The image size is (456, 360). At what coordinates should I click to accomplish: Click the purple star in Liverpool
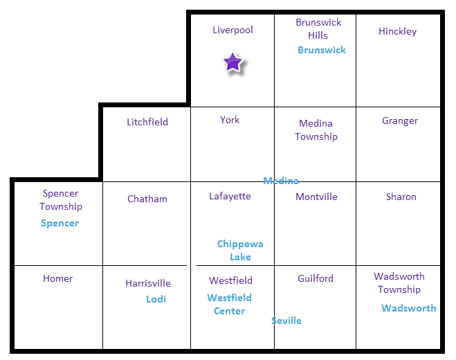pyautogui.click(x=233, y=63)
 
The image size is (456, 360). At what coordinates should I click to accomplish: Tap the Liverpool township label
pyautogui.click(x=232, y=30)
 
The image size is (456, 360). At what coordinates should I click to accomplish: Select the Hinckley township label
pyautogui.click(x=397, y=31)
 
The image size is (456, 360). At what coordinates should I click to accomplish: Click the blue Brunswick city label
pyautogui.click(x=322, y=50)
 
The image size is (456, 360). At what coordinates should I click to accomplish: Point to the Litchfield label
pyautogui.click(x=147, y=122)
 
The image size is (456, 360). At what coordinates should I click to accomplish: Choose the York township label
pyautogui.click(x=230, y=120)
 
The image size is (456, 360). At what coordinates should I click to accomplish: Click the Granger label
pyautogui.click(x=400, y=120)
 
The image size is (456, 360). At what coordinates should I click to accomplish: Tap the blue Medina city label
pyautogui.click(x=281, y=181)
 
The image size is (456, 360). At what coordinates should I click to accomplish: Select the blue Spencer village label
pyautogui.click(x=60, y=223)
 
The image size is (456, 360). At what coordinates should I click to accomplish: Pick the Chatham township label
pyautogui.click(x=147, y=199)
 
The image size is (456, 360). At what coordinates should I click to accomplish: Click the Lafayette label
pyautogui.click(x=230, y=196)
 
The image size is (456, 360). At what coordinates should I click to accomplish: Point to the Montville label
pyautogui.click(x=316, y=197)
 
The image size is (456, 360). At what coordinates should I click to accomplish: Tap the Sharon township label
pyautogui.click(x=401, y=197)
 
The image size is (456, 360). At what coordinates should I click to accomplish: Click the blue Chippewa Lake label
pyautogui.click(x=240, y=250)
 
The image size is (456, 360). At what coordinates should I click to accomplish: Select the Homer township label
pyautogui.click(x=58, y=278)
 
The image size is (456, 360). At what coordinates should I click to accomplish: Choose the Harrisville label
pyautogui.click(x=148, y=283)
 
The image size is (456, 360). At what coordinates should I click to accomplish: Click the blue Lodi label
pyautogui.click(x=156, y=299)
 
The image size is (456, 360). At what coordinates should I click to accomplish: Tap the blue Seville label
pyautogui.click(x=286, y=321)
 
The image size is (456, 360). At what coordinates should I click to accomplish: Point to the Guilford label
pyautogui.click(x=316, y=278)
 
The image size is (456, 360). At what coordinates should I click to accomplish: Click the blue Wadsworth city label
pyautogui.click(x=409, y=308)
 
